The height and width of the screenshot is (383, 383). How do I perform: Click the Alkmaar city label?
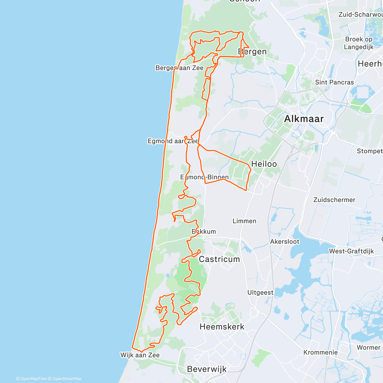pyautogui.click(x=304, y=119)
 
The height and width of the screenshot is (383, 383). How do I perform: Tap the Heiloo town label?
pyautogui.click(x=264, y=164)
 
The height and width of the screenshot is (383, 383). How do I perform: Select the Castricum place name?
pyautogui.click(x=219, y=259)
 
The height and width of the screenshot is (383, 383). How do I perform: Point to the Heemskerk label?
pyautogui.click(x=222, y=327)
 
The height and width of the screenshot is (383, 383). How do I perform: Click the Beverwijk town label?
pyautogui.click(x=207, y=369)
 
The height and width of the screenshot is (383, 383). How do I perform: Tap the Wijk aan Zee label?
pyautogui.click(x=140, y=355)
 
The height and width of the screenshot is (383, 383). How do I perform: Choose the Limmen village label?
pyautogui.click(x=244, y=221)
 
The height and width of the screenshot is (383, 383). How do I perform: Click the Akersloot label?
pyautogui.click(x=285, y=242)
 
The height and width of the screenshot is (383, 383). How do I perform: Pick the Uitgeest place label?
pyautogui.click(x=260, y=292)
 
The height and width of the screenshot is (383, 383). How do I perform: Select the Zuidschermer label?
pyautogui.click(x=334, y=200)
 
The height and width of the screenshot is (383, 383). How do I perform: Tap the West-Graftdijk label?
pyautogui.click(x=351, y=251)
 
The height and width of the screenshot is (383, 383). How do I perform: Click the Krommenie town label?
pyautogui.click(x=320, y=352)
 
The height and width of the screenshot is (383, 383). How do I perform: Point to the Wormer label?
pyautogui.click(x=369, y=348)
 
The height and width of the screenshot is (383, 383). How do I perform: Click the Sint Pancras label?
pyautogui.click(x=334, y=82)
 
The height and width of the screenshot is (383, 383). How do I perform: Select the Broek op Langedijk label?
pyautogui.click(x=359, y=43)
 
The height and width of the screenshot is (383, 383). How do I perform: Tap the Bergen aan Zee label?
pyautogui.click(x=179, y=68)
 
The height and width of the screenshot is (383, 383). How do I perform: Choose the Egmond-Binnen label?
pyautogui.click(x=205, y=177)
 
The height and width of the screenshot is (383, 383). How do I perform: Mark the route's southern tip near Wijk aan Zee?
pyautogui.click(x=132, y=348)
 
